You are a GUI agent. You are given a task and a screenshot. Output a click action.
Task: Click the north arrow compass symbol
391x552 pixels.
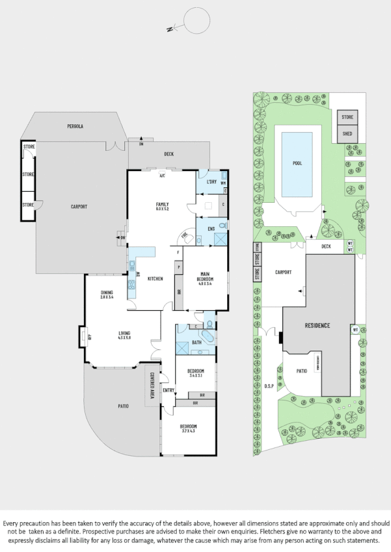tap(193, 21)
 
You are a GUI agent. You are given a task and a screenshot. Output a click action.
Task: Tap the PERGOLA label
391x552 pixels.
tap(75, 125)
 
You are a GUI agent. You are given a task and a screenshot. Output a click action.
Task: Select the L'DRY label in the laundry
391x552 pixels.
tap(211, 181)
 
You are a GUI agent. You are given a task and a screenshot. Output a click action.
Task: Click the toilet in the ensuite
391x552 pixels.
tap(221, 226)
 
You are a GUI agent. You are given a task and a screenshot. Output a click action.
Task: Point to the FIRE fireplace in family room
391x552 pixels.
tap(184, 236)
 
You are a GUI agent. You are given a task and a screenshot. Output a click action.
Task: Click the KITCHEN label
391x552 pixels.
tap(155, 279)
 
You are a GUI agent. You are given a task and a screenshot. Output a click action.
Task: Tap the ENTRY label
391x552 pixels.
tap(169, 390)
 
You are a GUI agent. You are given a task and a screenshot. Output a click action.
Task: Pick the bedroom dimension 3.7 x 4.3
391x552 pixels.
tap(189, 431)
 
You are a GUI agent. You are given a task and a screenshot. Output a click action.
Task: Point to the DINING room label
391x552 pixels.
tap(107, 293)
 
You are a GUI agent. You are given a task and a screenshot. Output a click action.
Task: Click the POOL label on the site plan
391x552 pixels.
tap(297, 163)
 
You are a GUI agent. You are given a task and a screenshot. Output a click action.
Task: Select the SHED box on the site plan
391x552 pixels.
tap(347, 135)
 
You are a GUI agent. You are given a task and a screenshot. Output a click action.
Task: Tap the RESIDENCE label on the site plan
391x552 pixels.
tap(316, 325)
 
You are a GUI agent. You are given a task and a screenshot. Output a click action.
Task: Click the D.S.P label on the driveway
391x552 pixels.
tap(269, 386)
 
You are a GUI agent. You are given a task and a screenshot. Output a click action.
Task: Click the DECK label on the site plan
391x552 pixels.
tap(326, 246)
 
